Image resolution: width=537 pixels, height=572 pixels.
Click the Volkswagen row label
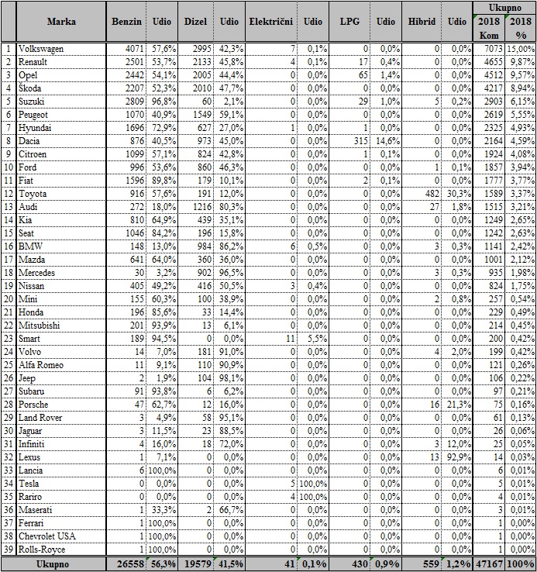coord(46,49)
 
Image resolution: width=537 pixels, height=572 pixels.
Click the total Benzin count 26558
coord(126,563)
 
